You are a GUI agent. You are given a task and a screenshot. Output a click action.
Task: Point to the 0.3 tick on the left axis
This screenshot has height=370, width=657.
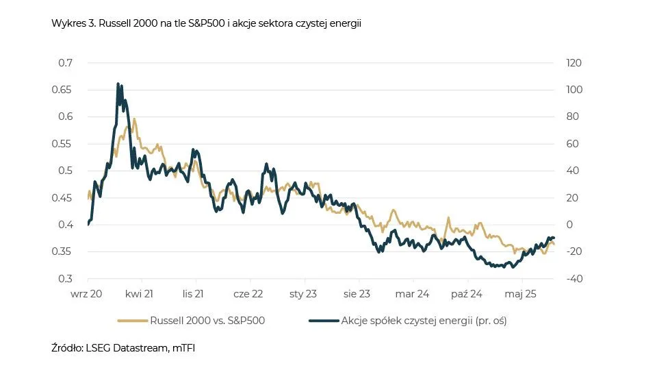66,279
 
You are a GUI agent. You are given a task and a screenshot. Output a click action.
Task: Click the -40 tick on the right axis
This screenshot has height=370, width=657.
571,279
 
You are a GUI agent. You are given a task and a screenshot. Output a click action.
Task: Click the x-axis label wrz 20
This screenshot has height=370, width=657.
88,294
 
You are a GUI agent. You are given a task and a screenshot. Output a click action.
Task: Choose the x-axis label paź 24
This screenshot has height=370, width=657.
467,294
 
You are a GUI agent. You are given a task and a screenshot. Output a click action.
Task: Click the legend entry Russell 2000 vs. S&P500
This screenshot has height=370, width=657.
207,320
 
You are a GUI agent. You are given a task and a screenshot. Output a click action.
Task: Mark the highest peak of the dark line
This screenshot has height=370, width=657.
118,84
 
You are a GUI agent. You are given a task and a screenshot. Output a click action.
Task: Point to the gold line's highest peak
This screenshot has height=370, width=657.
134,119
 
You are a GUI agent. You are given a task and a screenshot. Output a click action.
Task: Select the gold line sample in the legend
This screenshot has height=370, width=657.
133,320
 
